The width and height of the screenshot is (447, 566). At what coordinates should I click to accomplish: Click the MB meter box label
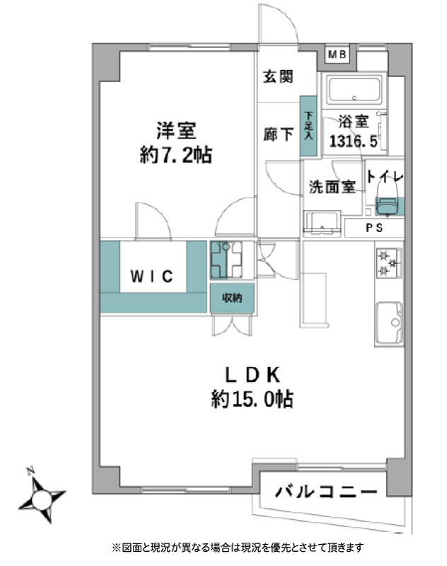pos(337,54)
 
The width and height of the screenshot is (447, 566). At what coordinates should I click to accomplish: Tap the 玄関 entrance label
pos(278,76)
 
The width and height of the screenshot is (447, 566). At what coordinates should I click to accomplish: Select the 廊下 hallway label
pos(278,134)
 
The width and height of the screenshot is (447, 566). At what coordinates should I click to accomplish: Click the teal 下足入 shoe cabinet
pos(308,126)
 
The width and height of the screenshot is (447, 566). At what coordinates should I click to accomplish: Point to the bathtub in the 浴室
pos(354,89)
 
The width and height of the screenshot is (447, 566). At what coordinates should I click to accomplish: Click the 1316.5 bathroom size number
pos(354,141)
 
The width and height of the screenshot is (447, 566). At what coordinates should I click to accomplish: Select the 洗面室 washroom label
pos(332,187)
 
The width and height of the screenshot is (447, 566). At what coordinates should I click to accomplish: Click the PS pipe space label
pos(374,228)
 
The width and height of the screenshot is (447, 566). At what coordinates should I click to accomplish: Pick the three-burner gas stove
pos(389,263)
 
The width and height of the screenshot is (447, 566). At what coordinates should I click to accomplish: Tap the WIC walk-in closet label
pos(152,277)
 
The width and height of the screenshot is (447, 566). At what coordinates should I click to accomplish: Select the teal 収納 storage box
pos(232,298)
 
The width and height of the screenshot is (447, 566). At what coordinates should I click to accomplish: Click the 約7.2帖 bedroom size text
pos(175,156)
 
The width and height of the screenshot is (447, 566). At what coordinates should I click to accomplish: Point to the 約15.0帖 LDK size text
pos(252,399)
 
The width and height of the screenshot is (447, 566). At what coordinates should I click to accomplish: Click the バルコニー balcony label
pos(326,492)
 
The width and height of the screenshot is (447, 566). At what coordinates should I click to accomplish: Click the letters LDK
pos(252,375)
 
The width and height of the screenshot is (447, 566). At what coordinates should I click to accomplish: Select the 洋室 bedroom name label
pos(176,131)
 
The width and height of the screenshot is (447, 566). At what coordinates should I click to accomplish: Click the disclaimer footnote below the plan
pos(238,548)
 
